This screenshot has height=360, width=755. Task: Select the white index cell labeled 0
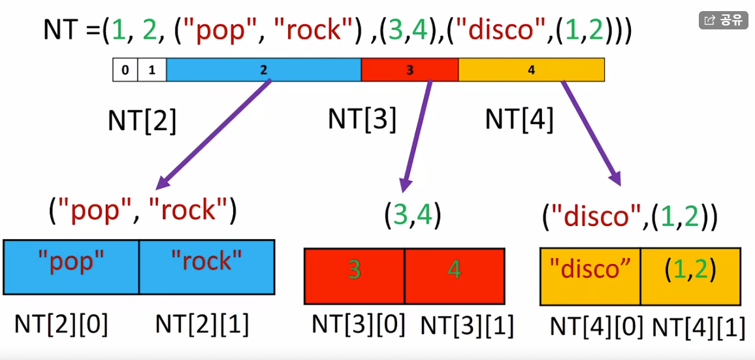click(125, 70)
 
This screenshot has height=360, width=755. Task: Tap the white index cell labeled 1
click(152, 70)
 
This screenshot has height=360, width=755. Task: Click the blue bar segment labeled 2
click(263, 70)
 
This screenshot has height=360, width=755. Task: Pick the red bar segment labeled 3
click(410, 70)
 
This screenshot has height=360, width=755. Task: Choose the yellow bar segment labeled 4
click(531, 70)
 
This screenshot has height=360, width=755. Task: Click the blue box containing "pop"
click(71, 267)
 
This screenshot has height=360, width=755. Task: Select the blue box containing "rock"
click(206, 267)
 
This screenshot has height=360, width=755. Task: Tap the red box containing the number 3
click(354, 276)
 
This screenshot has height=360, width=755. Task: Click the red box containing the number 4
click(455, 276)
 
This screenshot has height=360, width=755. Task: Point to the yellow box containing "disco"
click(590, 276)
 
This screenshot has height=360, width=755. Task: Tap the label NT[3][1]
click(467, 325)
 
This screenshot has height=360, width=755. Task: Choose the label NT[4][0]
click(596, 327)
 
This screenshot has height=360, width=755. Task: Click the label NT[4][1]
click(699, 327)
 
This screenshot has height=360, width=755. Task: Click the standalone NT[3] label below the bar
click(362, 120)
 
